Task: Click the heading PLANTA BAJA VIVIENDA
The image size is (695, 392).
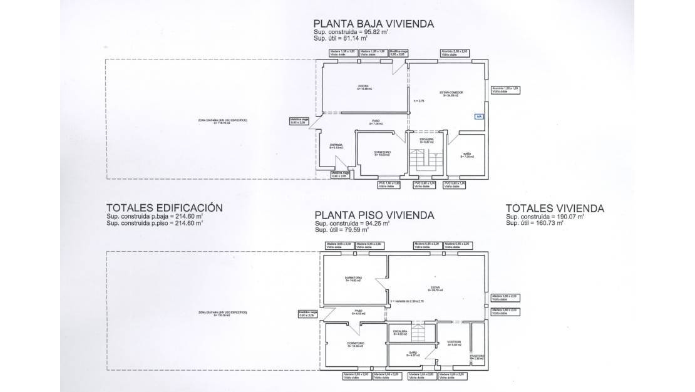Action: click(x=374, y=24)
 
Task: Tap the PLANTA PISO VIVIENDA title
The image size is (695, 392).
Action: click(x=374, y=215)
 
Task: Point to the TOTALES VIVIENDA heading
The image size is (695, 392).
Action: click(x=554, y=208)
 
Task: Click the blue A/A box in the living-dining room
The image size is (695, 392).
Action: click(x=479, y=116)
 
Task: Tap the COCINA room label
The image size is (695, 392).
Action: click(x=363, y=86)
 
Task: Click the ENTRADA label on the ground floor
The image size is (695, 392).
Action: click(x=336, y=145)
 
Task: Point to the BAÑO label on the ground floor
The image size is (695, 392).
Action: click(x=467, y=154)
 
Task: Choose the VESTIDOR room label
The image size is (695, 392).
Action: click(x=454, y=342)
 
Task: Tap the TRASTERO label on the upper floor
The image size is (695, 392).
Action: click(x=478, y=356)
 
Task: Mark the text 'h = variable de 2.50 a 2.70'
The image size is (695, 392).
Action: click(x=407, y=301)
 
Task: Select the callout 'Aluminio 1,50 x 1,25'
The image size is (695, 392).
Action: click(x=506, y=88)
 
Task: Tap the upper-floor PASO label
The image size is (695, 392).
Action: click(x=359, y=311)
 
